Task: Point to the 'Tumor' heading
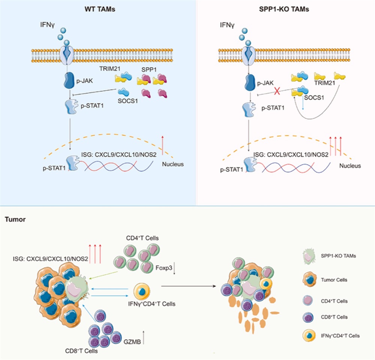coord(15,220)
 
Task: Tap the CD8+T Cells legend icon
coord(309,317)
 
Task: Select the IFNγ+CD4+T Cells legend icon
coord(309,336)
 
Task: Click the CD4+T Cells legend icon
coord(309,300)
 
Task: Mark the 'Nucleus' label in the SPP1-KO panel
coord(351,165)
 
